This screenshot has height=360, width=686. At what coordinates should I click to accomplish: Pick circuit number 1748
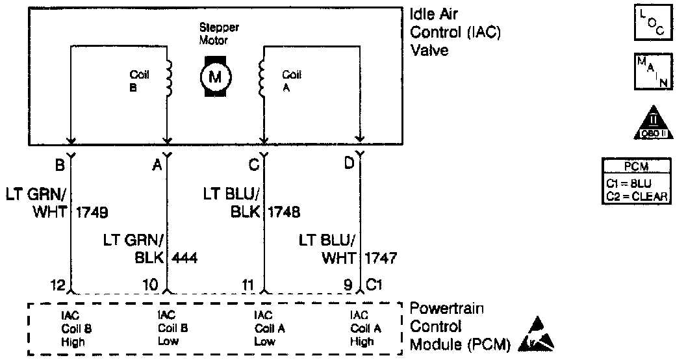pos(283,212)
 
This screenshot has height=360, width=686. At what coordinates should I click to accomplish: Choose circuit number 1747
pos(381,258)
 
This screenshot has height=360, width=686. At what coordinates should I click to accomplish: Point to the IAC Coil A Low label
pos(266,329)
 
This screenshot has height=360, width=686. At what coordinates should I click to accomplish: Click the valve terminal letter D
pos(349,164)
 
